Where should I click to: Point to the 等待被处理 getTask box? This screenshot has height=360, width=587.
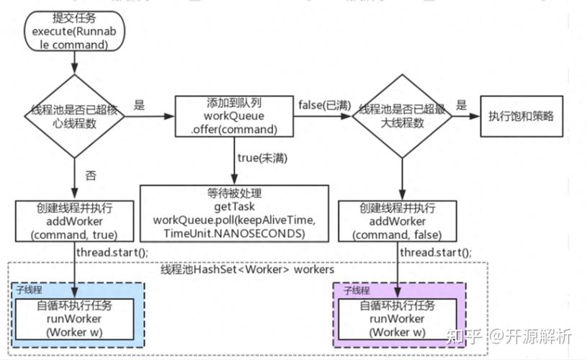pos(233,212)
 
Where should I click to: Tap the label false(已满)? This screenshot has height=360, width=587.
pos(324,105)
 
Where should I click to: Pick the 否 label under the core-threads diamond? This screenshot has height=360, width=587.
pos(91,174)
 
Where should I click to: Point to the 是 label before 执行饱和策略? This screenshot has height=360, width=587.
pos(462,105)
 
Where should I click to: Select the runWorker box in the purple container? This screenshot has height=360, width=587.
pos(398,319)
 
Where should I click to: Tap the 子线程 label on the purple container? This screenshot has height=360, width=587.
pos(356,290)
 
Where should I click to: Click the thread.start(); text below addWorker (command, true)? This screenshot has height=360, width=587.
pos(111,253)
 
